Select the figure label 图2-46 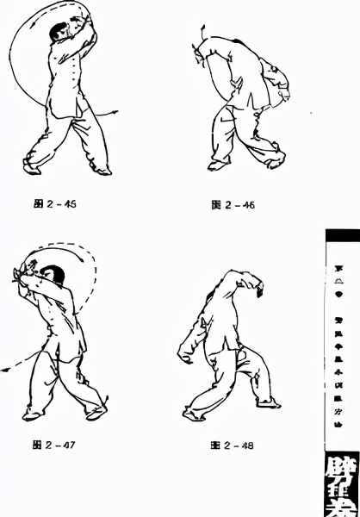(x=233, y=205)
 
